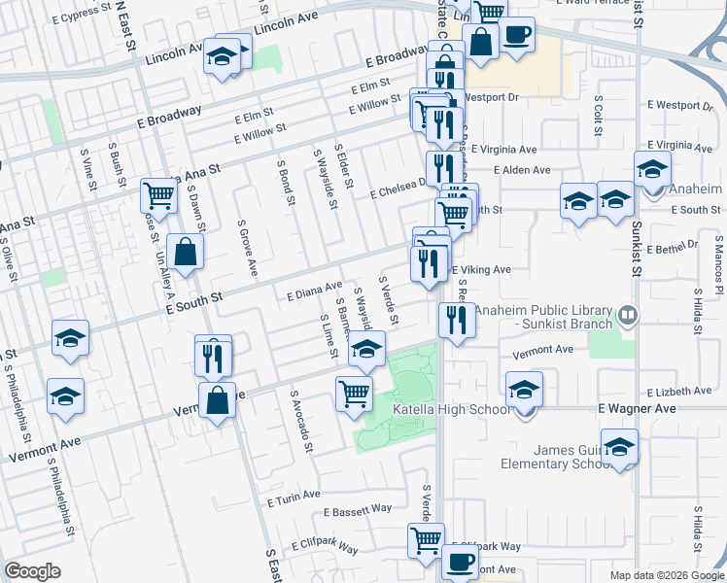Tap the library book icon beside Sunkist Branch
click(x=629, y=315)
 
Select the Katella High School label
click(x=450, y=410)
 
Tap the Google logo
click(x=32, y=571)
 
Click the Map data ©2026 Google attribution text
click(x=666, y=575)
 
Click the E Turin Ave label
click(x=293, y=497)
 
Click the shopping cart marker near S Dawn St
click(x=157, y=195)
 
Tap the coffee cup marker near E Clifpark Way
click(x=460, y=562)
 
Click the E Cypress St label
click(x=81, y=17)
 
